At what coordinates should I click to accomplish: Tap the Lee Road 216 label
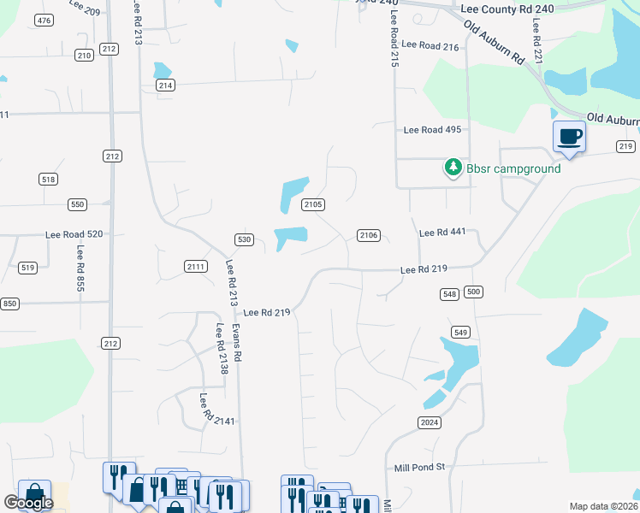click(x=430, y=44)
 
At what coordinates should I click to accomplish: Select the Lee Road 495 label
click(x=433, y=130)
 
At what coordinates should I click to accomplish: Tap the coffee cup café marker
click(x=569, y=137)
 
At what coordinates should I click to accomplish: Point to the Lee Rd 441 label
click(x=441, y=233)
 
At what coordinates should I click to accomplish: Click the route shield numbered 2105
click(x=313, y=204)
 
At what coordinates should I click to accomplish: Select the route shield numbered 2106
click(x=369, y=235)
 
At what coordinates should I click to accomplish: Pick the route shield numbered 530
click(x=245, y=239)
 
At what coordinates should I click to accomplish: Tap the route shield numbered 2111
click(x=196, y=267)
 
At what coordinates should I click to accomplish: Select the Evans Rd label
click(x=239, y=342)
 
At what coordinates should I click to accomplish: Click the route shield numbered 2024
click(x=430, y=423)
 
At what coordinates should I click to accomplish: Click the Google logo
click(x=28, y=503)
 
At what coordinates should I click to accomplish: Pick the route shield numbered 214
click(x=166, y=85)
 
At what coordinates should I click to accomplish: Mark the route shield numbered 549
click(x=461, y=332)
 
